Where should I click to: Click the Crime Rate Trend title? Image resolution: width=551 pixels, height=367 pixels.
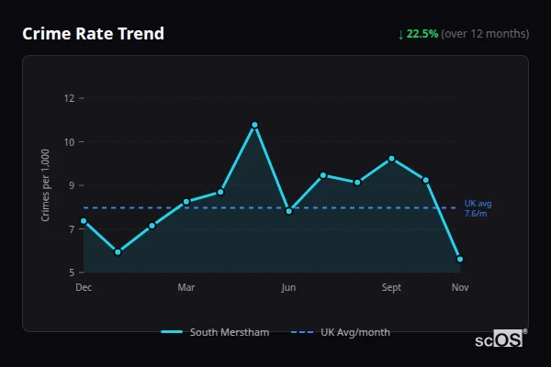pos(93,34)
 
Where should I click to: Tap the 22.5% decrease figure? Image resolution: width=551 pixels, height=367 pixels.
pos(422,34)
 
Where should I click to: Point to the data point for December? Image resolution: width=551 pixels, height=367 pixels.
pos(84,221)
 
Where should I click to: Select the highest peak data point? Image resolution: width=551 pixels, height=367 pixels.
pos(254,125)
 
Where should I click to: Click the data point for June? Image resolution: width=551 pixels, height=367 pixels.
pos(288,211)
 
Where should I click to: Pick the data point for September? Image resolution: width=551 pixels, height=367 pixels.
pos(391,159)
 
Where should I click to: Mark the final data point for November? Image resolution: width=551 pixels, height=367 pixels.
pos(460,260)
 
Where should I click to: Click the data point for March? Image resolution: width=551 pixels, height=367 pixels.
pos(186,202)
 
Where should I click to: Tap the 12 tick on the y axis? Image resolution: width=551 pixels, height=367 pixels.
pos(68,98)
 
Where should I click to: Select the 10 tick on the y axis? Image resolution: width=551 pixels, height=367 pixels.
pos(68,142)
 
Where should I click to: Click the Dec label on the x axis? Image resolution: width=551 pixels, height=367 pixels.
pos(84,288)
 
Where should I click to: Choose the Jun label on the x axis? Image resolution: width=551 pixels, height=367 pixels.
pos(288,288)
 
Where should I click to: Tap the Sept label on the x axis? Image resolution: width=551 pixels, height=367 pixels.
pos(391,288)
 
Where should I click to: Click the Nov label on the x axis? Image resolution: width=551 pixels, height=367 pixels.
pos(460,288)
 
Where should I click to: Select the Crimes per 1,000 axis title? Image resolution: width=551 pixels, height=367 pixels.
pos(46,186)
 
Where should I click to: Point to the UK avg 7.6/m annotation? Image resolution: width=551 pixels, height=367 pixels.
pos(478,208)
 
